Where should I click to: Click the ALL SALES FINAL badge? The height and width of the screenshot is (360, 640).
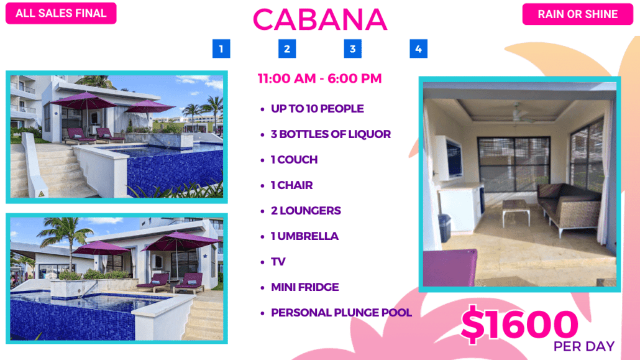pyautogui.click(x=61, y=13)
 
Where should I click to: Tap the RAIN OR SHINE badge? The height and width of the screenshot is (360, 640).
pyautogui.click(x=577, y=14)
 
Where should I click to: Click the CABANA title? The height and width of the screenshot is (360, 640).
pyautogui.click(x=320, y=20)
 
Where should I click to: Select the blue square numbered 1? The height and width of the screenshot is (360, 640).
pyautogui.click(x=221, y=49)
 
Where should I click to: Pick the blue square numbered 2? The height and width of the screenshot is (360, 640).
pyautogui.click(x=287, y=49)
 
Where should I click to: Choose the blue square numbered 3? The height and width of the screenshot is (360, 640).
pyautogui.click(x=353, y=49)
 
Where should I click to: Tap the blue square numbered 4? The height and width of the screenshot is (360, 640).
pyautogui.click(x=418, y=49)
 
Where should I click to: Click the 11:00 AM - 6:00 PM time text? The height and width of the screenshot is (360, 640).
pyautogui.click(x=319, y=78)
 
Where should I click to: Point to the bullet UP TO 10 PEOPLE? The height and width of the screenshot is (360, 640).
pyautogui.click(x=317, y=109)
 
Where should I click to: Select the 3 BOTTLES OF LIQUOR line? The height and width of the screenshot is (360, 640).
pyautogui.click(x=331, y=134)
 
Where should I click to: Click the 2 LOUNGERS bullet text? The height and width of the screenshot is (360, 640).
pyautogui.click(x=306, y=210)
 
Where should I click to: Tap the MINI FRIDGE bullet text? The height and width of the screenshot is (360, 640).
pyautogui.click(x=305, y=287)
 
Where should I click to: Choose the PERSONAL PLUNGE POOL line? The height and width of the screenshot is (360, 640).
pyautogui.click(x=341, y=313)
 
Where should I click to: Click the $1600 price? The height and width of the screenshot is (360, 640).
pyautogui.click(x=519, y=325)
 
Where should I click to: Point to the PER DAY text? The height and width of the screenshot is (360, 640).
pyautogui.click(x=583, y=346)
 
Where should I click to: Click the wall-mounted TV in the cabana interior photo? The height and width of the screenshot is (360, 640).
pyautogui.click(x=452, y=158)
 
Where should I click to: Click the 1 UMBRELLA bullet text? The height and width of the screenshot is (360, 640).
pyautogui.click(x=304, y=236)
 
